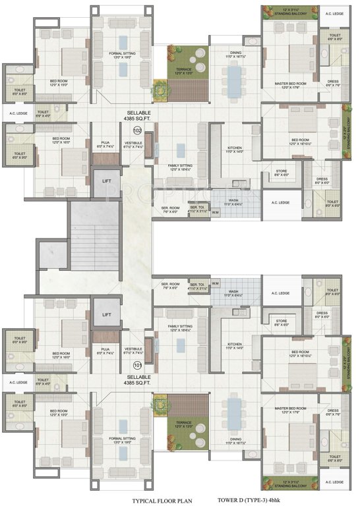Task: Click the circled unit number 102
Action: point(137,130)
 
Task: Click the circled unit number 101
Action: point(137,364)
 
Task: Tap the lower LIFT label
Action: point(106,314)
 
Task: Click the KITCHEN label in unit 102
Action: point(235,150)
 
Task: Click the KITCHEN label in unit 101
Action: point(235,346)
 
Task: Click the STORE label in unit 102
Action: point(282,173)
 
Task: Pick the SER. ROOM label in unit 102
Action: point(170,210)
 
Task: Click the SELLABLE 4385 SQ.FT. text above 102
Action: point(137,116)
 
